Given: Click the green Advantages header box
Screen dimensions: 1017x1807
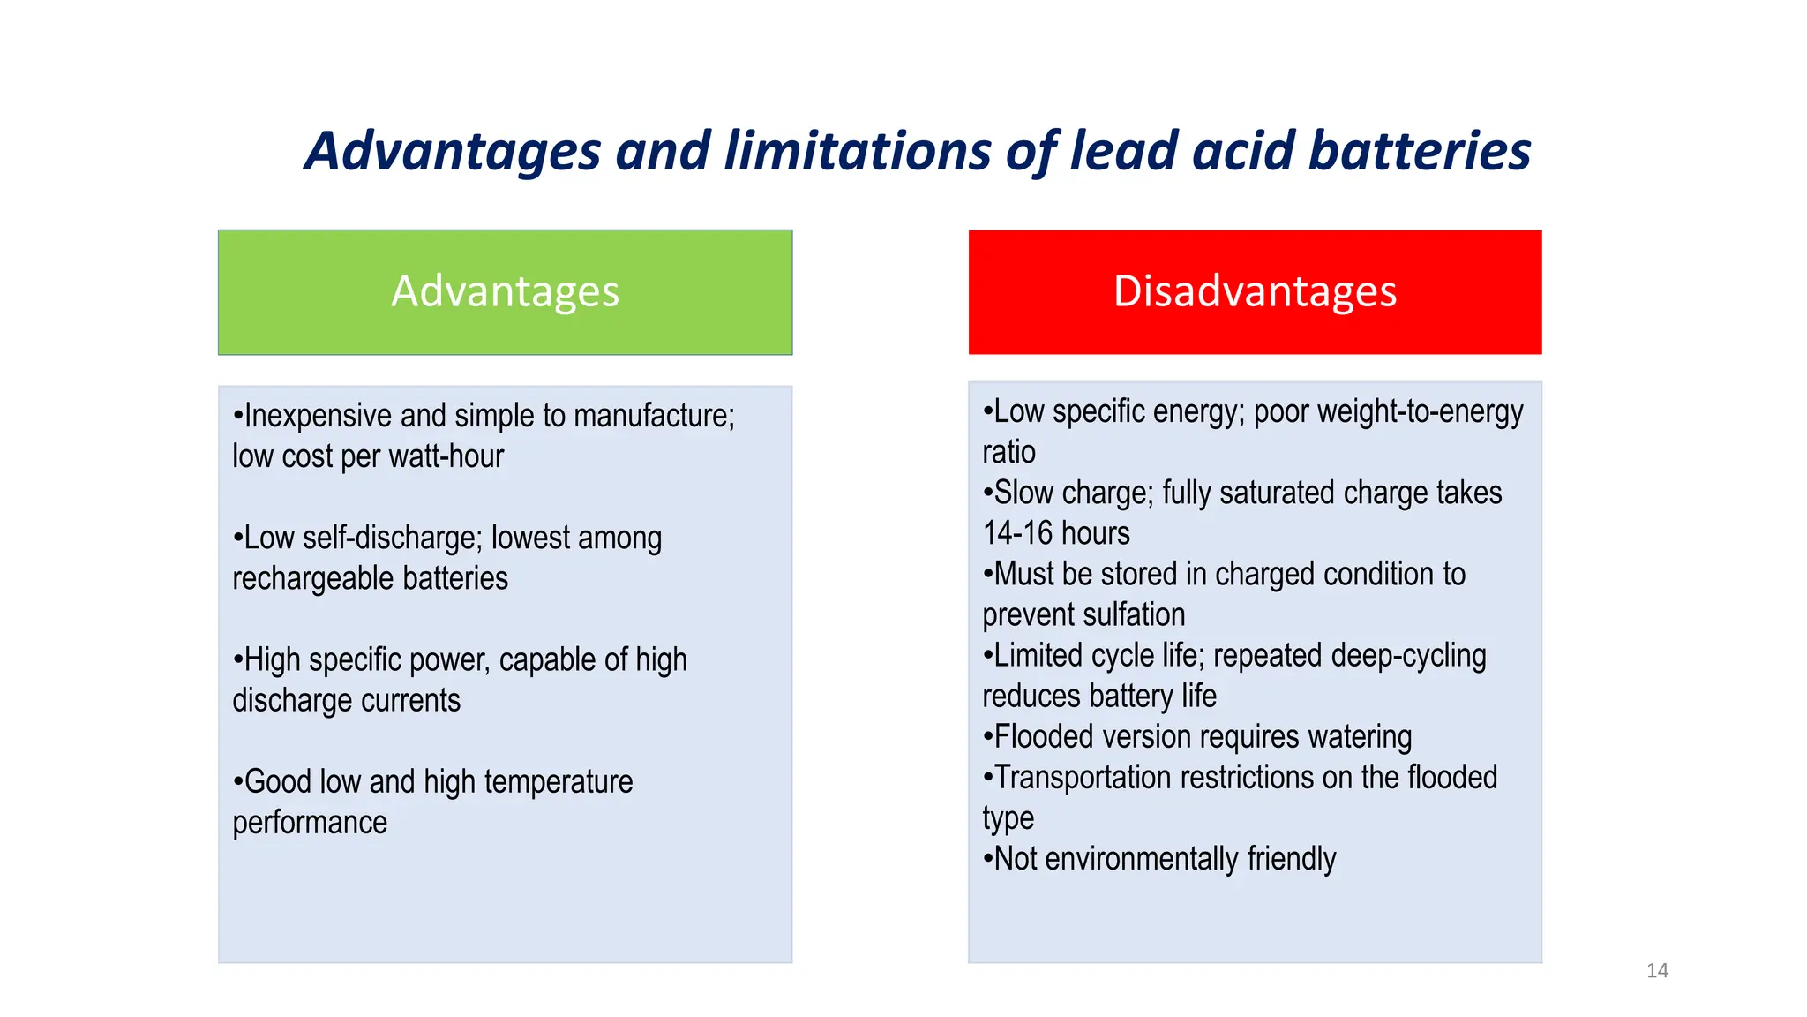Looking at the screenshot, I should (x=505, y=292).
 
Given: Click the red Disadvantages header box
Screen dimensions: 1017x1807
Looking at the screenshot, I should (x=1255, y=292).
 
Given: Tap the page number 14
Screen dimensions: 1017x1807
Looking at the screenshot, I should (x=1657, y=971).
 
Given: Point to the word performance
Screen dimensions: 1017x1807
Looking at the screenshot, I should (x=310, y=823).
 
